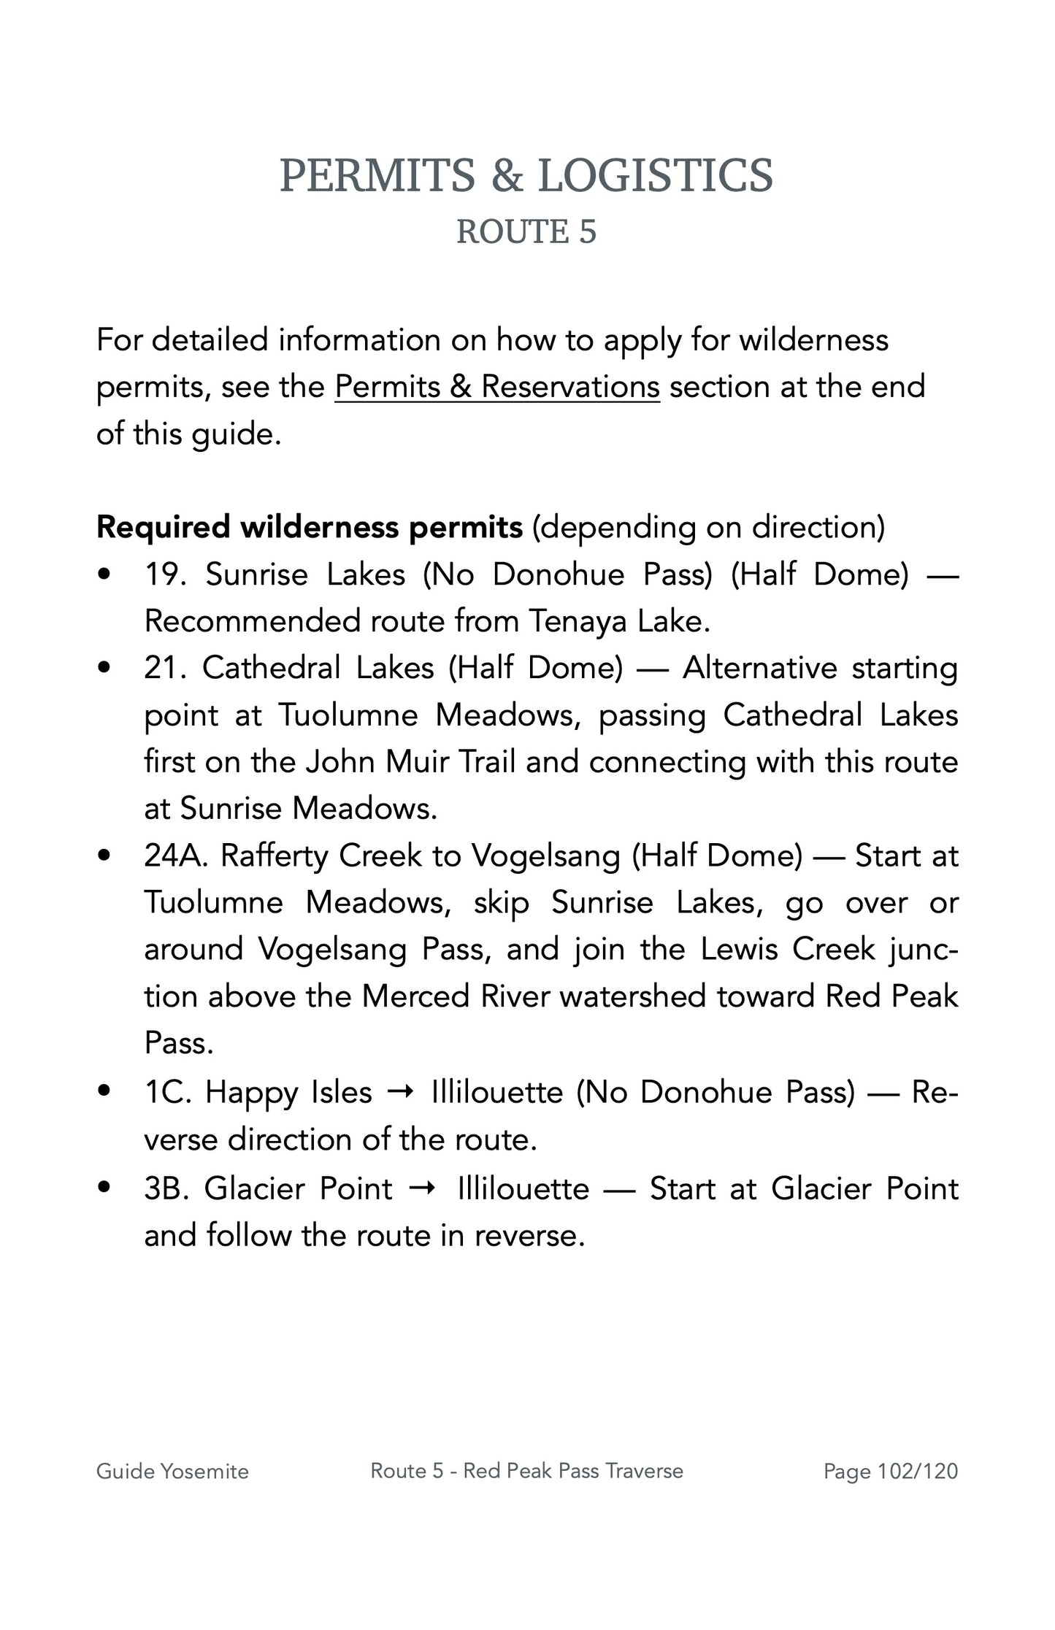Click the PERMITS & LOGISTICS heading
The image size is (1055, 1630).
coord(526,176)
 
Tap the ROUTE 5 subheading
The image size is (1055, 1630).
coord(526,232)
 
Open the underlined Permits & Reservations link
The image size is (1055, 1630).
coord(496,387)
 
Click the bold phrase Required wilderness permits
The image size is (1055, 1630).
coord(309,527)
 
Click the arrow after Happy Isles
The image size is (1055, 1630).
coord(402,1093)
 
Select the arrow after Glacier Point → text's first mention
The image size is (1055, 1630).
coord(424,1189)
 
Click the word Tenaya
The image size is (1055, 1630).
coord(578,622)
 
